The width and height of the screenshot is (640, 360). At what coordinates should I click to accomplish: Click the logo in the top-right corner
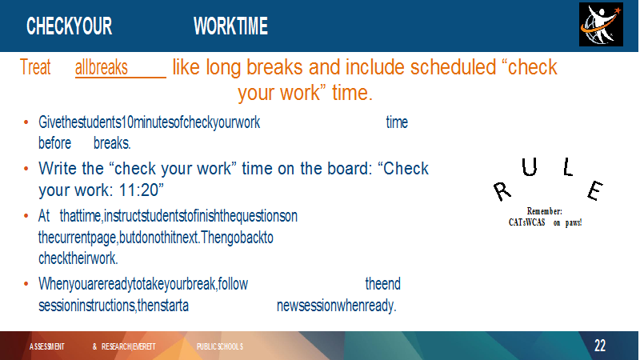(x=601, y=25)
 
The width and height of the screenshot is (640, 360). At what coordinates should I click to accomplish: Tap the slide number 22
(x=599, y=346)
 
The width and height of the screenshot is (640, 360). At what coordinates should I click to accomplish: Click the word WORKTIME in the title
(x=230, y=26)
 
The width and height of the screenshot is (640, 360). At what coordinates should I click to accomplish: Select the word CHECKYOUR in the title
(x=69, y=26)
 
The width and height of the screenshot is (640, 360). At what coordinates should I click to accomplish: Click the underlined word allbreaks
(x=102, y=67)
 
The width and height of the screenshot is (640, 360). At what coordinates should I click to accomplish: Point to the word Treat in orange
(x=35, y=67)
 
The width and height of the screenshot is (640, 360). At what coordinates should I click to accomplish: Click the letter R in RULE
(x=502, y=191)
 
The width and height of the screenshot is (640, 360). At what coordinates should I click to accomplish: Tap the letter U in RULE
(x=530, y=167)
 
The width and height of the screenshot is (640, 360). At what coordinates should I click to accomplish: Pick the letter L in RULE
(x=568, y=167)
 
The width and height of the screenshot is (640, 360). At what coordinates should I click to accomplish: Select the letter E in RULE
(x=595, y=190)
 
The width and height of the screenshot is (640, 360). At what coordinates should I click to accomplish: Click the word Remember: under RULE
(x=545, y=211)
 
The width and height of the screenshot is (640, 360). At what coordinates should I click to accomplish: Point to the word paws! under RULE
(x=574, y=222)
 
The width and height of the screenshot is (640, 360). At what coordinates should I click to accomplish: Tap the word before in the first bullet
(x=54, y=143)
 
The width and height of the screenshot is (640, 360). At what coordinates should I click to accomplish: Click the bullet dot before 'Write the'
(x=26, y=168)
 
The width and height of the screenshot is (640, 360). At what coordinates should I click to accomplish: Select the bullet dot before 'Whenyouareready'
(x=26, y=284)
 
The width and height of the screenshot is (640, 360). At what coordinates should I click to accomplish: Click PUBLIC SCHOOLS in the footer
(x=219, y=346)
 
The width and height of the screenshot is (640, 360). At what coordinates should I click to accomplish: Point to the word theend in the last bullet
(x=383, y=284)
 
